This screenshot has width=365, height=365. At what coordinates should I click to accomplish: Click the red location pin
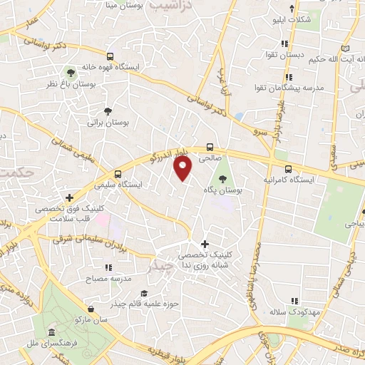coord(183,168)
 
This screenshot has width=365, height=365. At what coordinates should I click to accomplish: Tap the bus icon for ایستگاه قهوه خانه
coord(109,56)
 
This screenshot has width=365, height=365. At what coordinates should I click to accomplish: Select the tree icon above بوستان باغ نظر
coord(70,72)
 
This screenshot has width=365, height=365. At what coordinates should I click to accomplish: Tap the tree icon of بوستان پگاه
coord(223,178)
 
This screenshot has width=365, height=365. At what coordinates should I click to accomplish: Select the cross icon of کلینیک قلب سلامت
coord(69,197)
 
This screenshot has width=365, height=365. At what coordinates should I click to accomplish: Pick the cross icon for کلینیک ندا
coord(205,244)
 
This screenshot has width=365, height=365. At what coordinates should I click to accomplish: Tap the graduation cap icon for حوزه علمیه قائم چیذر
coord(144,294)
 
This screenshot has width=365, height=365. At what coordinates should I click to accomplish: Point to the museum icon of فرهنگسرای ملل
coord(51,334)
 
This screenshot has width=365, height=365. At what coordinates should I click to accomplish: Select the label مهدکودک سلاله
coord(288,312)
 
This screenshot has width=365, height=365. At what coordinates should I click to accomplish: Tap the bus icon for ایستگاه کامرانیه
coord(288,169)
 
